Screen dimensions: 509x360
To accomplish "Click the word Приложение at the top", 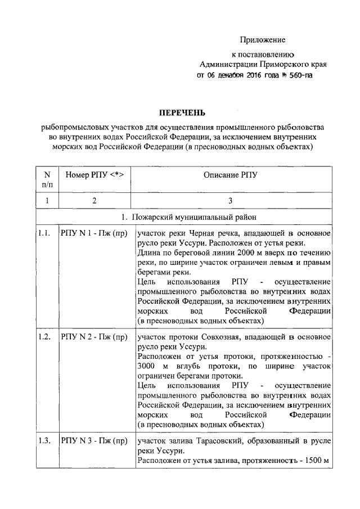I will click(263, 40).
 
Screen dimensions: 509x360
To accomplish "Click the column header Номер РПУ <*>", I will click(94, 175).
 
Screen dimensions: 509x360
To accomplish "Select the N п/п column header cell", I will click(47, 180).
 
